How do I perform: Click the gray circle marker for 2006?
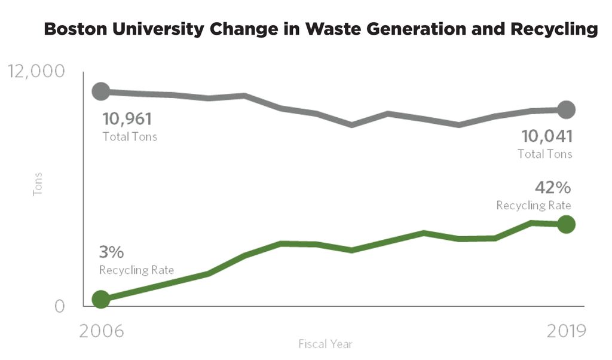[x=101, y=91]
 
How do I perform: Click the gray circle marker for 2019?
[x=565, y=109]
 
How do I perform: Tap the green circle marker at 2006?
[x=101, y=299]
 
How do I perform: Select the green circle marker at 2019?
[x=565, y=224]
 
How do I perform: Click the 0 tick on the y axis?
[x=59, y=306]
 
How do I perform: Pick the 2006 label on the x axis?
[x=102, y=331]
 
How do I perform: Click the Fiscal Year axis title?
[x=326, y=344]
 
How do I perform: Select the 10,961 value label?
[x=127, y=119]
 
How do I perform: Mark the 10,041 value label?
[x=547, y=136]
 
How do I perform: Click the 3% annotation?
[x=112, y=252]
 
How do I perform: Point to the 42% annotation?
[x=553, y=187]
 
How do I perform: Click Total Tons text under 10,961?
[x=130, y=136]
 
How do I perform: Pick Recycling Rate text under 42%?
[x=534, y=205]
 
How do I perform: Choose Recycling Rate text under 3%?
[x=137, y=270]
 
